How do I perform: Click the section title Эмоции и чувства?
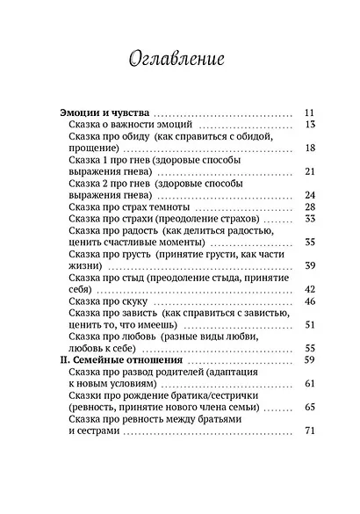(x=104, y=112)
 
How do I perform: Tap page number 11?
(x=308, y=112)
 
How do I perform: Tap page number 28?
(x=308, y=207)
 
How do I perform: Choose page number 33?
(x=308, y=219)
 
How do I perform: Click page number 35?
(x=308, y=243)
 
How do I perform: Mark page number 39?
(x=308, y=266)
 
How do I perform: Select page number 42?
(x=308, y=290)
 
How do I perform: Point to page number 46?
(x=308, y=302)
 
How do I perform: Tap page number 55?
(x=308, y=349)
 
